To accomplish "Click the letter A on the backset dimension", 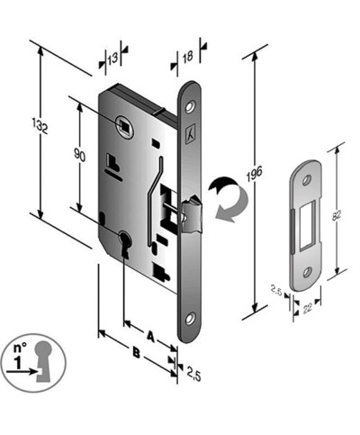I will coord(149,333).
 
